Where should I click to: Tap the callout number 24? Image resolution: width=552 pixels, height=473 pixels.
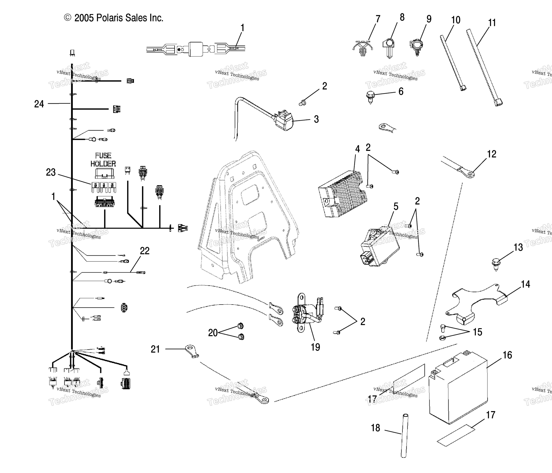tap(39, 104)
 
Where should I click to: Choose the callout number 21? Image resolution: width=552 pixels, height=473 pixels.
tap(155, 349)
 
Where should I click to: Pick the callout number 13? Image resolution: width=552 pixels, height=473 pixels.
tap(518, 247)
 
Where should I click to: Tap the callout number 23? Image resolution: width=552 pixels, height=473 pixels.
tap(51, 172)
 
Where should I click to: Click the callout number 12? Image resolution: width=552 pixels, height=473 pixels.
tap(491, 154)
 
